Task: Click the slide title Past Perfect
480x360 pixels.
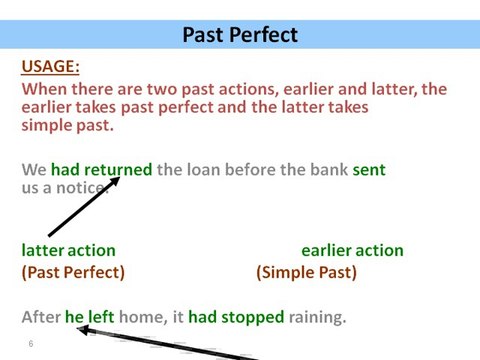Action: click(240, 35)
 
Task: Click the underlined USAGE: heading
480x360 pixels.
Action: click(50, 67)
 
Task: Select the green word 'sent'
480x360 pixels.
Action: click(369, 170)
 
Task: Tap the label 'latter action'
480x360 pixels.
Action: click(68, 250)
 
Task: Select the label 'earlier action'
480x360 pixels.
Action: click(352, 250)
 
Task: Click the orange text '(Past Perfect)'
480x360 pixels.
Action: click(73, 272)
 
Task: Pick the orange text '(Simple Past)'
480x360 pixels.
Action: click(306, 272)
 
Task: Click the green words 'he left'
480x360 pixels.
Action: click(90, 318)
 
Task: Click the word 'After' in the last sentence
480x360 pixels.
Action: click(41, 318)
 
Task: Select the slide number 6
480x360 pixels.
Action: click(31, 344)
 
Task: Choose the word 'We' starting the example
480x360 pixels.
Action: click(34, 170)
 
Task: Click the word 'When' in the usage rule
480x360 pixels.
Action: click(45, 89)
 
